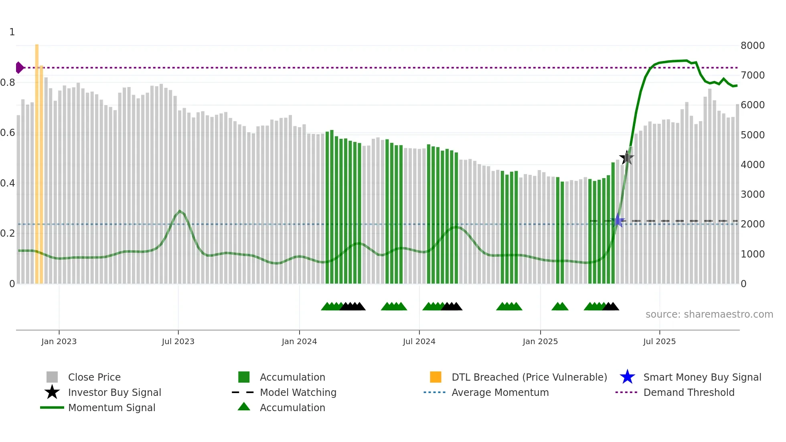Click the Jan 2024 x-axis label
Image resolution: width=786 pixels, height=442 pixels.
pyautogui.click(x=299, y=341)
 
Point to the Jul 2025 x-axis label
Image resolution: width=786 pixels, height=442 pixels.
pyautogui.click(x=659, y=341)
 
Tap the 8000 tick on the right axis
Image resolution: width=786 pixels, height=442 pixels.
pyautogui.click(x=752, y=45)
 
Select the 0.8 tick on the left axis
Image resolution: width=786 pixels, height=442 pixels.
pyautogui.click(x=8, y=83)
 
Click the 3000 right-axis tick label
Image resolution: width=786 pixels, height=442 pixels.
pyautogui.click(x=752, y=195)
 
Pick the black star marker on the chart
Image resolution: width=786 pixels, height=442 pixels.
pyautogui.click(x=626, y=158)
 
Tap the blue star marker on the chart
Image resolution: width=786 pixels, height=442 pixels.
pyautogui.click(x=618, y=221)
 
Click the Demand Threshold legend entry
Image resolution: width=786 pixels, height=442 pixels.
pyautogui.click(x=689, y=392)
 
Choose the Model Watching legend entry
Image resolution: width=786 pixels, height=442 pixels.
pyautogui.click(x=298, y=392)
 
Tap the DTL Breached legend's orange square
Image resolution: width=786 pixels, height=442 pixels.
pyautogui.click(x=436, y=377)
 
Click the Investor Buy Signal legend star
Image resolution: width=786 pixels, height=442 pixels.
pyautogui.click(x=52, y=392)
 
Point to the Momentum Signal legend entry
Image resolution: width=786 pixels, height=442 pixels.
pyautogui.click(x=111, y=408)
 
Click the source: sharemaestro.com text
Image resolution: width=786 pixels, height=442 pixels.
pyautogui.click(x=709, y=314)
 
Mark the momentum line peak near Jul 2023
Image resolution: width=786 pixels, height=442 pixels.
pyautogui.click(x=180, y=211)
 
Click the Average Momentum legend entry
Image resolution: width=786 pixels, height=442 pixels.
pyautogui.click(x=500, y=392)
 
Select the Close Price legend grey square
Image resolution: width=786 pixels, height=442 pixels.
pyautogui.click(x=52, y=377)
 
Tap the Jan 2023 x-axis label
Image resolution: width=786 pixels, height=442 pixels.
pyautogui.click(x=59, y=341)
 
